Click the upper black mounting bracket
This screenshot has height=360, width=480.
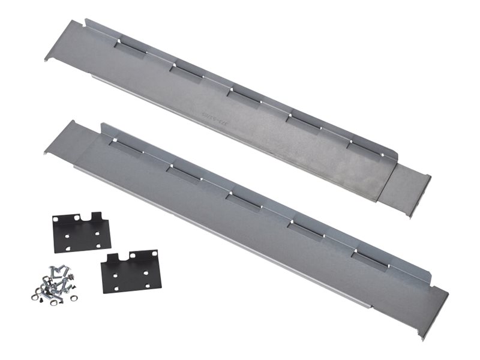pos(81,233)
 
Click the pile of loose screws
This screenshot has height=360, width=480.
pos(55,283)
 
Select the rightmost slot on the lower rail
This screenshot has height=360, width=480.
pos(369,259)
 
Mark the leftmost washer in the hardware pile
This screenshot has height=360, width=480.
pos(34,296)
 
